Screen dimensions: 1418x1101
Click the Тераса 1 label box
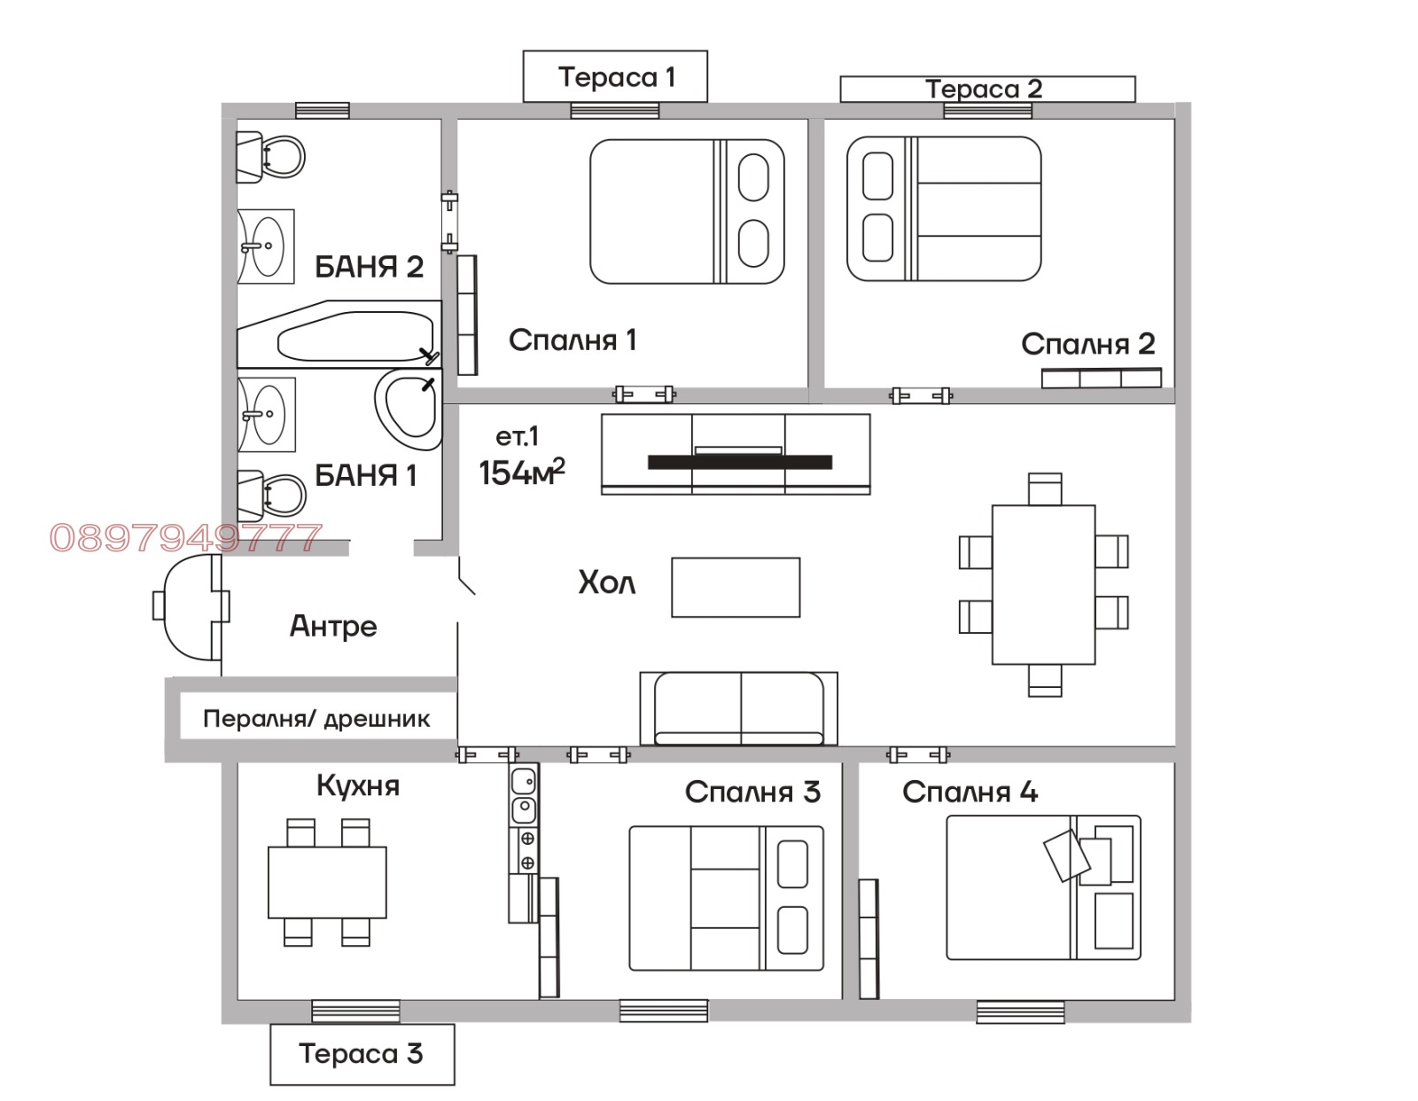[615, 76]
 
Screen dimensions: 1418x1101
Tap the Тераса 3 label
[361, 1053]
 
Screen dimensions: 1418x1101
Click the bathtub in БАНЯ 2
[339, 334]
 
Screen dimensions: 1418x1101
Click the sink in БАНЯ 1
[266, 414]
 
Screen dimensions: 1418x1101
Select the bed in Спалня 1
[687, 212]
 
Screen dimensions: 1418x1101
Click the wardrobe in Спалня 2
[1101, 379]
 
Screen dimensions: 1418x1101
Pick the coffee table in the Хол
[736, 587]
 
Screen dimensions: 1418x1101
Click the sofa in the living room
[739, 708]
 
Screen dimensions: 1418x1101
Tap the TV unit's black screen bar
[739, 462]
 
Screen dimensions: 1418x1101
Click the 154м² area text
[521, 472]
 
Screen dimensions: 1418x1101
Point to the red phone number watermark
[186, 538]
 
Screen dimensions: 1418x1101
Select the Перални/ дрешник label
[316, 719]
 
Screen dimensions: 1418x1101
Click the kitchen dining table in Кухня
[327, 882]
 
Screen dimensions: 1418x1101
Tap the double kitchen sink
[524, 796]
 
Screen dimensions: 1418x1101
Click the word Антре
[333, 626]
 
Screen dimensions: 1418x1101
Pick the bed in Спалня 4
[1043, 887]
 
